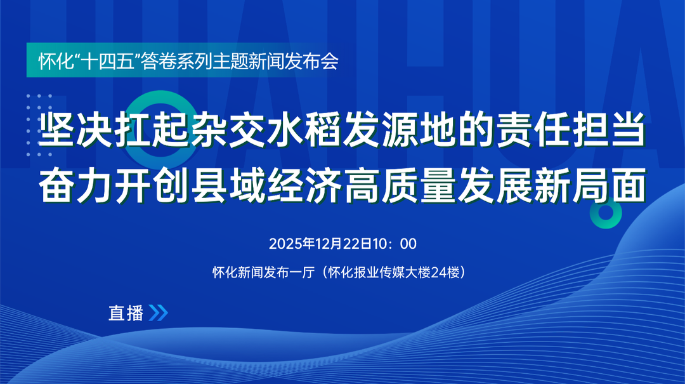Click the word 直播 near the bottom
(x=126, y=313)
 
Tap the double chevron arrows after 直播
(x=158, y=313)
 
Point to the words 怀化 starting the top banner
(x=51, y=62)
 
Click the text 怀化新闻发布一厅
(x=263, y=272)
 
